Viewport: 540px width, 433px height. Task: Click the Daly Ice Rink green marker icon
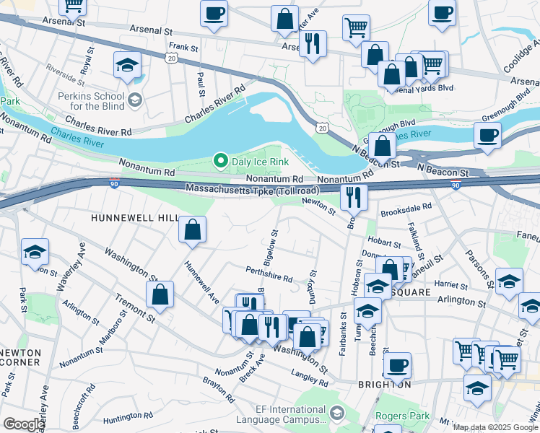[x=222, y=161]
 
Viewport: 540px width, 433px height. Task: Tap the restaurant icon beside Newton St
[x=353, y=196]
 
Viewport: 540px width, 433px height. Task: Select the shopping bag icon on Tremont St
[x=160, y=294]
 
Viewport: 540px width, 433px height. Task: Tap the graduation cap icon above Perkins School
[x=127, y=64]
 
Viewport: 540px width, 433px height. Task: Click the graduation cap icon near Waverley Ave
[x=35, y=252]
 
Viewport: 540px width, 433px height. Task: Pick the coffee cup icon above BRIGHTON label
[x=397, y=365]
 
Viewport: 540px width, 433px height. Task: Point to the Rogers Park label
[x=403, y=416]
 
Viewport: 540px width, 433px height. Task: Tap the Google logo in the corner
[x=24, y=424]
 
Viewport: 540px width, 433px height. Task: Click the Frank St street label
[x=183, y=47]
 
